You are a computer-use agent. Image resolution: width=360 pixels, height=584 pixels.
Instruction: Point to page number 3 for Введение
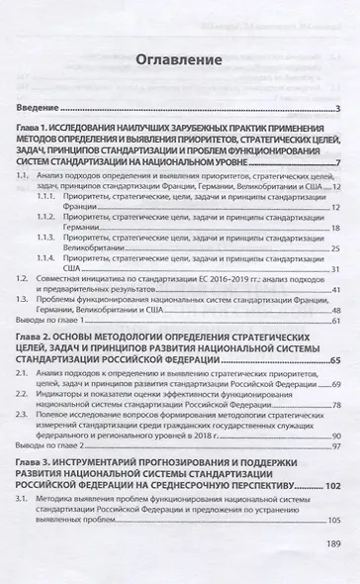click(337, 108)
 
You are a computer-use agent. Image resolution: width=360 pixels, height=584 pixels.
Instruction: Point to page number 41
click(334, 290)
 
